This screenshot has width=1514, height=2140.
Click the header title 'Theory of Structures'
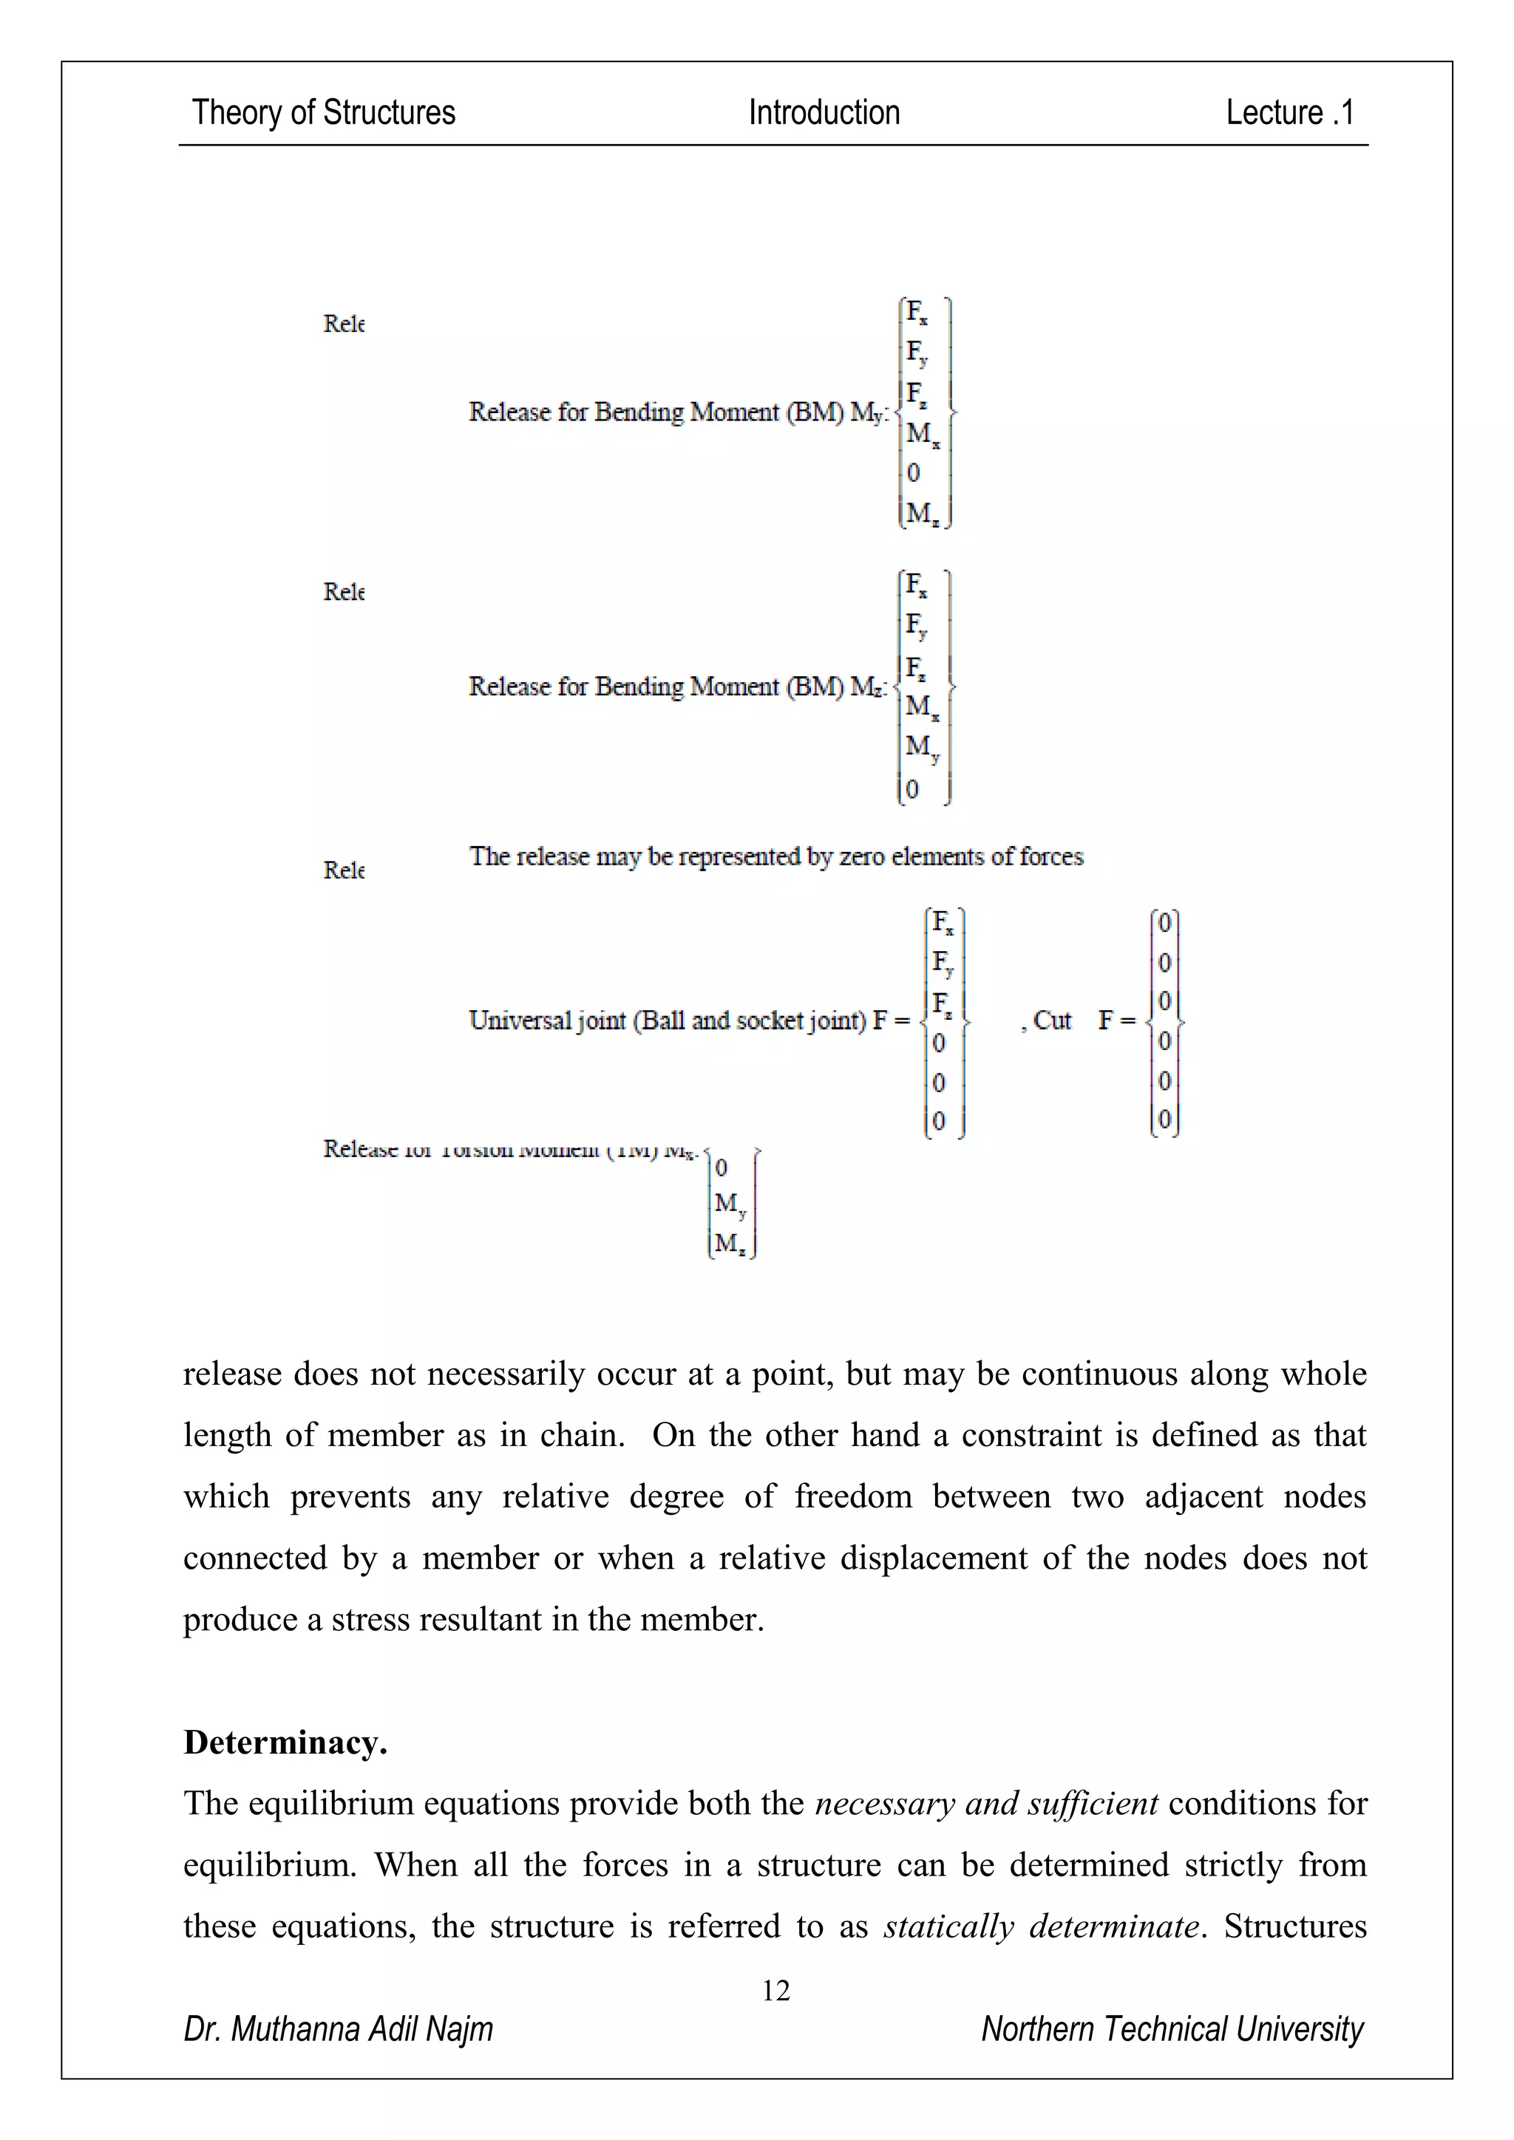[x=324, y=113]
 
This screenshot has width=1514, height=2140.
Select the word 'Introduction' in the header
[x=824, y=113]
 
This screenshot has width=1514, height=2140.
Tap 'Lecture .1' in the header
[x=1289, y=113]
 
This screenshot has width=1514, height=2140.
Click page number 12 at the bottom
[x=775, y=1991]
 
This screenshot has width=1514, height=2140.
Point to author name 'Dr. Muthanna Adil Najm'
[x=339, y=2029]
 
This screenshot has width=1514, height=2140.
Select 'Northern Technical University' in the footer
[x=1172, y=2029]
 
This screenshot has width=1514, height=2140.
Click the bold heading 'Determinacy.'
[x=285, y=1742]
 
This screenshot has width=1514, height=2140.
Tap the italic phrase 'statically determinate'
[x=1040, y=1926]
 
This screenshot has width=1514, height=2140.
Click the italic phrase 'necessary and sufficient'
[x=986, y=1804]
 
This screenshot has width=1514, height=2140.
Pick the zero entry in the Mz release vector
[x=913, y=789]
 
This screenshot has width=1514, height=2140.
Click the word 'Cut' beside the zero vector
[x=1053, y=1020]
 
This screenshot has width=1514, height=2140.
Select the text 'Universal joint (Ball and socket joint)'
[x=668, y=1020]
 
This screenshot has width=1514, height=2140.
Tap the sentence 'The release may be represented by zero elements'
[x=775, y=856]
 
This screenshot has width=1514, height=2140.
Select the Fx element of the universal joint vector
[x=942, y=924]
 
